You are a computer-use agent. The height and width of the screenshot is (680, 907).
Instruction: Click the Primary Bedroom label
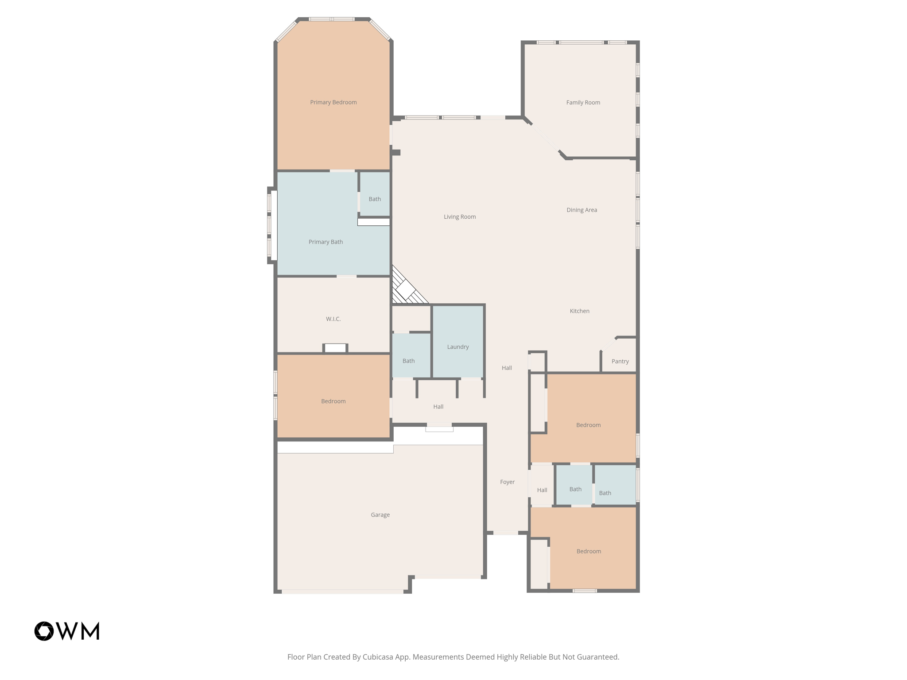tap(333, 102)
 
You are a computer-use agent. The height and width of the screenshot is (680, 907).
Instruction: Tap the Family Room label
tap(583, 102)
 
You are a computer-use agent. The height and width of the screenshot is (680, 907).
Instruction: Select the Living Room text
tap(460, 216)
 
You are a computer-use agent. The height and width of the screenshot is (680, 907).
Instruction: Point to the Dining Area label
tap(581, 210)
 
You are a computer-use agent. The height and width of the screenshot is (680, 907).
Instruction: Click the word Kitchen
tap(579, 311)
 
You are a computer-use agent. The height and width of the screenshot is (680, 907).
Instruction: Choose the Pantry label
tap(620, 361)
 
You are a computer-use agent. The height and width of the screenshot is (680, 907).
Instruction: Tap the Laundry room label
tap(457, 347)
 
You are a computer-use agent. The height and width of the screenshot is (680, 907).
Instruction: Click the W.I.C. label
tap(333, 319)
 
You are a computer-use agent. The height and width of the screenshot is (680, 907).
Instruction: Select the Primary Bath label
tap(326, 242)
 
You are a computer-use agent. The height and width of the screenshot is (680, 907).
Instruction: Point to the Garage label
tap(380, 514)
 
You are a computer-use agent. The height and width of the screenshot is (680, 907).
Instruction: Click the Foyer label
tap(507, 482)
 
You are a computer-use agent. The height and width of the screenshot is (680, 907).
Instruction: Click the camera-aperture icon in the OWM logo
tap(44, 631)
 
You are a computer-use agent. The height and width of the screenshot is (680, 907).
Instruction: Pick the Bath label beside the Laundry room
tap(408, 361)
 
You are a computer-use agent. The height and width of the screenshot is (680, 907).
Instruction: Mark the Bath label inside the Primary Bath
tap(375, 199)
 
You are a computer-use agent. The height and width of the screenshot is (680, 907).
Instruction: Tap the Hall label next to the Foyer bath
tap(542, 490)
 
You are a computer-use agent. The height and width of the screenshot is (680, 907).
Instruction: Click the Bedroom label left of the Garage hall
tap(333, 401)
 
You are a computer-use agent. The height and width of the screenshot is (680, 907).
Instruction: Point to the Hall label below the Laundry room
tap(438, 406)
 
